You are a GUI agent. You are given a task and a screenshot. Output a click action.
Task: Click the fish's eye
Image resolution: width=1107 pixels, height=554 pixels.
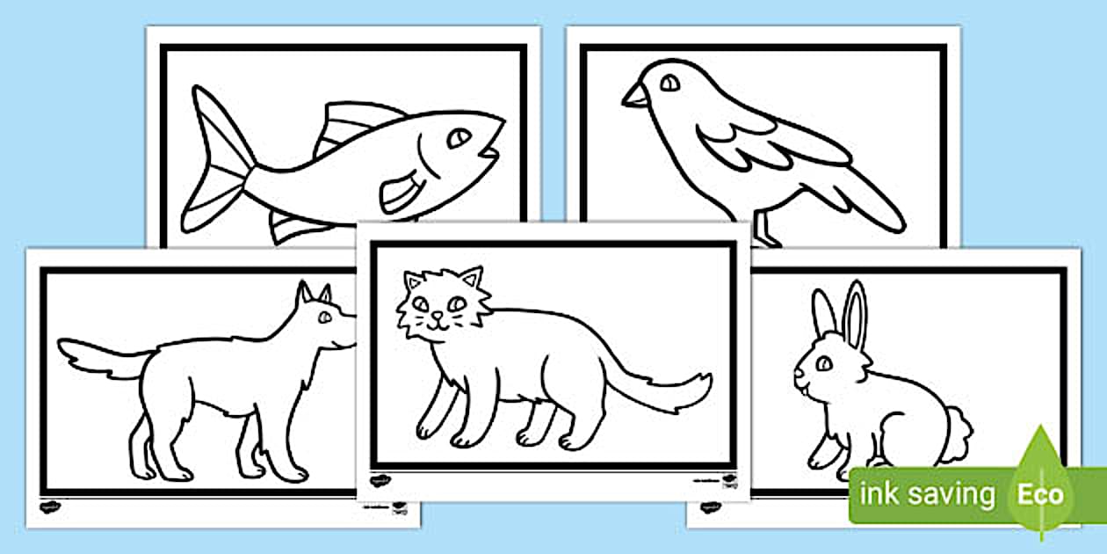click(459, 139)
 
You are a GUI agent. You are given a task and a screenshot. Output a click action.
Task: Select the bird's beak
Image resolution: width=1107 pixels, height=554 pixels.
click(633, 95)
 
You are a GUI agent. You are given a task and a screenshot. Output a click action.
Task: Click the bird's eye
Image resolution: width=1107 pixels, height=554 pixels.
click(669, 84)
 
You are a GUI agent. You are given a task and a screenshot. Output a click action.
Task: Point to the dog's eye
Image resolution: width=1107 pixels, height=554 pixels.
click(326, 316)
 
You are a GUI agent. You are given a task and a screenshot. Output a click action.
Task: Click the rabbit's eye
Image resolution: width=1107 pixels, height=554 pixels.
click(823, 362)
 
